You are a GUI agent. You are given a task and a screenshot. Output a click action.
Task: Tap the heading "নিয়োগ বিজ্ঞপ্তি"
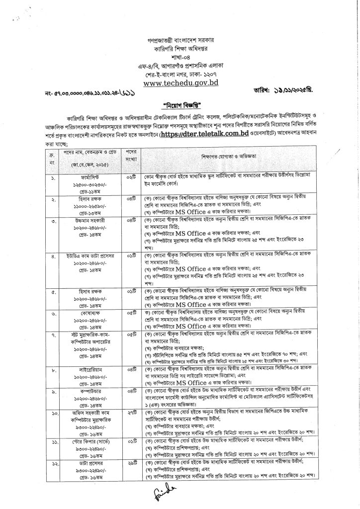pos(180,106)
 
